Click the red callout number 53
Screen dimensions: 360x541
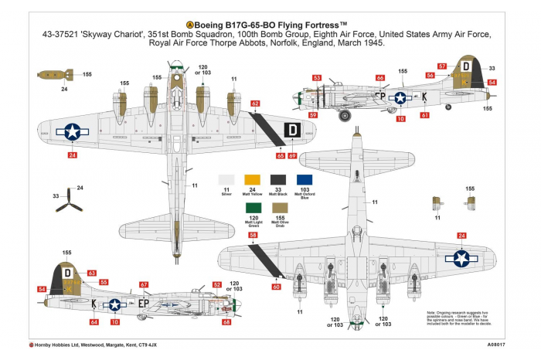[317, 78]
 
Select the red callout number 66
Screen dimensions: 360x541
[379, 78]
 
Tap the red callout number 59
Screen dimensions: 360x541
[312, 115]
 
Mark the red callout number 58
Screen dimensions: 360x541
[253, 235]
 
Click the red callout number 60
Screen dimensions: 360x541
[277, 287]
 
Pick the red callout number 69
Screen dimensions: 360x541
[292, 156]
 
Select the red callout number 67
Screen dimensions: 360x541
[144, 285]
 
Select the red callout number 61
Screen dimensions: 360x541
[424, 115]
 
